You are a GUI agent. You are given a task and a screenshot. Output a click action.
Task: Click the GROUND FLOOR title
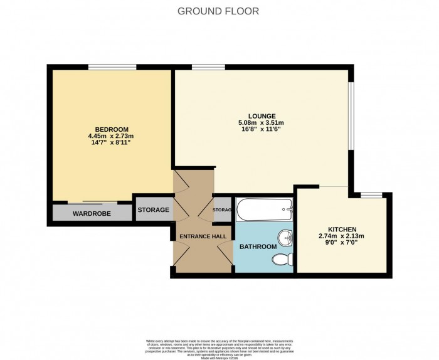218,11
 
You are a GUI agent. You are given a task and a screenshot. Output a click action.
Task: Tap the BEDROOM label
111,129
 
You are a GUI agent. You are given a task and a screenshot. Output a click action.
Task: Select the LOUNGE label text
261,115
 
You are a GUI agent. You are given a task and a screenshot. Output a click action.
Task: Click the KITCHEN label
342,229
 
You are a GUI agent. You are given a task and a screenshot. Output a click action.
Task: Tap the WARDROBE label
92,214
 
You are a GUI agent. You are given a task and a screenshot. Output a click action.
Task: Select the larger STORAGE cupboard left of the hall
153,209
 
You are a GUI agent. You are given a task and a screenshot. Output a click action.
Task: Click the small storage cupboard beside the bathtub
223,209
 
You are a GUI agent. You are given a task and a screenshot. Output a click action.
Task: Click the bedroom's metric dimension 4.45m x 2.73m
111,136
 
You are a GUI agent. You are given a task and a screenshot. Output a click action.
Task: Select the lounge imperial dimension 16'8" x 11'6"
261,129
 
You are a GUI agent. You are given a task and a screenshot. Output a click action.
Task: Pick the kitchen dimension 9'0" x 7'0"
342,243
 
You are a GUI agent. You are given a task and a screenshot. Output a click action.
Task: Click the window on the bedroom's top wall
112,67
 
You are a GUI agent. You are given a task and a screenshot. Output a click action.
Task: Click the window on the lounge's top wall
208,67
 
